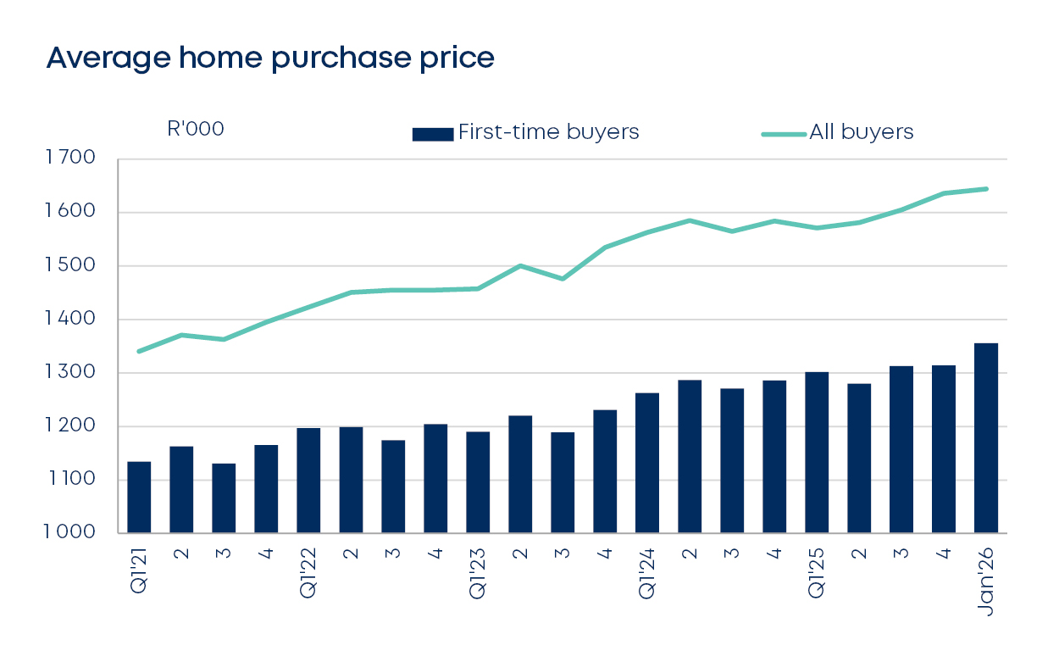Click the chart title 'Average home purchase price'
(269, 58)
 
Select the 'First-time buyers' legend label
(548, 132)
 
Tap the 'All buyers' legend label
(862, 132)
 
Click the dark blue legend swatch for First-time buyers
(433, 134)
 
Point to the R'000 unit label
(196, 130)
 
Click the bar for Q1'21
(139, 498)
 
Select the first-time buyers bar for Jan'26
(986, 438)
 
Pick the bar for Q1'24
(647, 463)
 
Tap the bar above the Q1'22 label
(308, 481)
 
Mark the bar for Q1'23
(478, 482)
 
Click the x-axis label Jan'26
(986, 584)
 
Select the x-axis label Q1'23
(478, 576)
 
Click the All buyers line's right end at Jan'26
(986, 189)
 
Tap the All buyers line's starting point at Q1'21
(139, 351)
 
